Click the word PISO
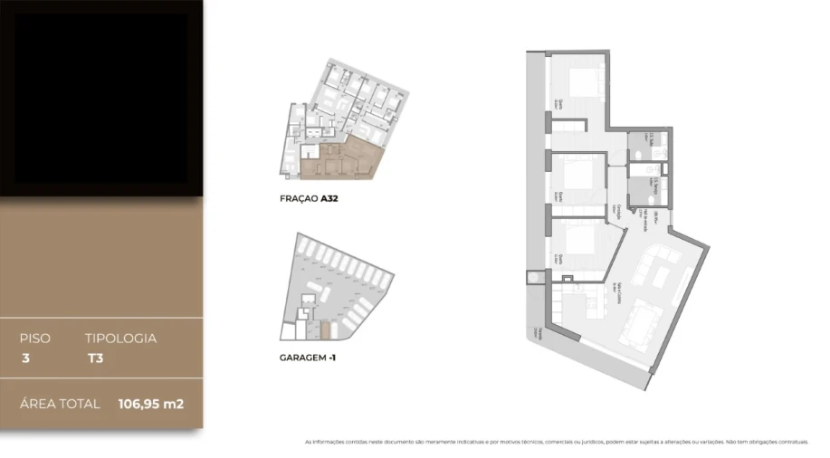click(35, 339)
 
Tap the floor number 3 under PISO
click(24, 358)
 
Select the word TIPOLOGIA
click(120, 339)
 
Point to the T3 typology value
click(95, 358)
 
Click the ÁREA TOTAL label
click(60, 404)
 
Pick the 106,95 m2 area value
click(150, 404)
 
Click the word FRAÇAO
click(299, 197)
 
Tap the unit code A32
click(329, 197)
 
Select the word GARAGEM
click(302, 358)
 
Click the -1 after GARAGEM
click(332, 358)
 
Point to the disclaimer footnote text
click(556, 442)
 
